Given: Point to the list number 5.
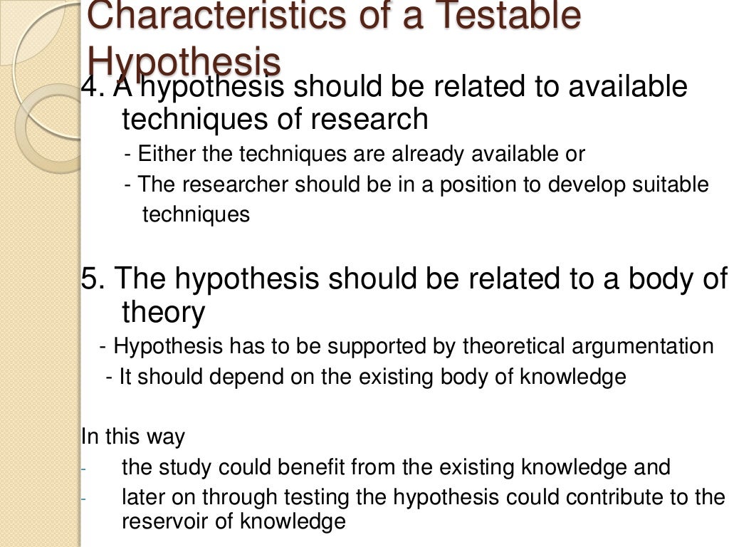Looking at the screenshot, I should (91, 278).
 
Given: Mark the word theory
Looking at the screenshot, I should (164, 312).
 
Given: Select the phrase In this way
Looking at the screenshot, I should (134, 436).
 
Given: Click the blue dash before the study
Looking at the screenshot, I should (83, 469).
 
